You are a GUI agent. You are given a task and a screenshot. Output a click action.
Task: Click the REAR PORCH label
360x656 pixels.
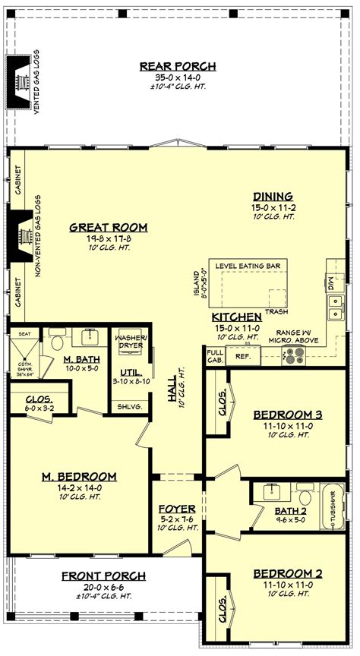pyautogui.click(x=178, y=66)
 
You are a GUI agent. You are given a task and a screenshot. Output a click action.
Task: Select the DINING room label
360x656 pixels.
pyautogui.click(x=272, y=196)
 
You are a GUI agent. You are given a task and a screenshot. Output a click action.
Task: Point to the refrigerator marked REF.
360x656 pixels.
pyautogui.click(x=243, y=355)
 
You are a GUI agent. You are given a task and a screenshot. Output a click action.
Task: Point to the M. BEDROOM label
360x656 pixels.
pyautogui.click(x=78, y=476)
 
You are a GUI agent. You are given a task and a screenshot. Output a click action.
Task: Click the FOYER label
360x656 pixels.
pyautogui.click(x=177, y=508)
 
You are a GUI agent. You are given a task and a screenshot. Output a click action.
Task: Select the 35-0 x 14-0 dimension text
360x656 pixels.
pyautogui.click(x=178, y=77)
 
